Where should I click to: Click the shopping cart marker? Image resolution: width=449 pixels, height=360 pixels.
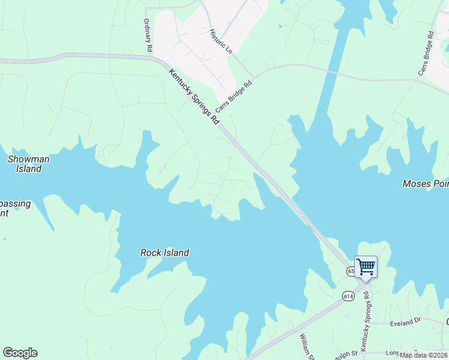pyautogui.click(x=366, y=266)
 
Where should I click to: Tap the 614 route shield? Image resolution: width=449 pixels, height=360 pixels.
pyautogui.click(x=349, y=296)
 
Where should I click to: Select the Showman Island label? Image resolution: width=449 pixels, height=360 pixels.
pyautogui.click(x=28, y=164)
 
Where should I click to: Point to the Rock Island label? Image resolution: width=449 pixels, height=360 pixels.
pyautogui.click(x=164, y=253)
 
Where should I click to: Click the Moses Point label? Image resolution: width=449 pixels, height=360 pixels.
pyautogui.click(x=426, y=184)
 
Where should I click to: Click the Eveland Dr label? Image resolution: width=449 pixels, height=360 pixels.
pyautogui.click(x=405, y=323)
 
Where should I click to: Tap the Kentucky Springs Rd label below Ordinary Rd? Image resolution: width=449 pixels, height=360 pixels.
pyautogui.click(x=194, y=97)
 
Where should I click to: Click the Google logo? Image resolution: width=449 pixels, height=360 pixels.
pyautogui.click(x=20, y=353)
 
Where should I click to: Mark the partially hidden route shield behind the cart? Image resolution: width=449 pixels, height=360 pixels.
pyautogui.click(x=351, y=271)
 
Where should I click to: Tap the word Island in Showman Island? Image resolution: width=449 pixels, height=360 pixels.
pyautogui.click(x=28, y=169)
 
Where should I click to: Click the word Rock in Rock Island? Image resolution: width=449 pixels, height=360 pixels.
pyautogui.click(x=151, y=253)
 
